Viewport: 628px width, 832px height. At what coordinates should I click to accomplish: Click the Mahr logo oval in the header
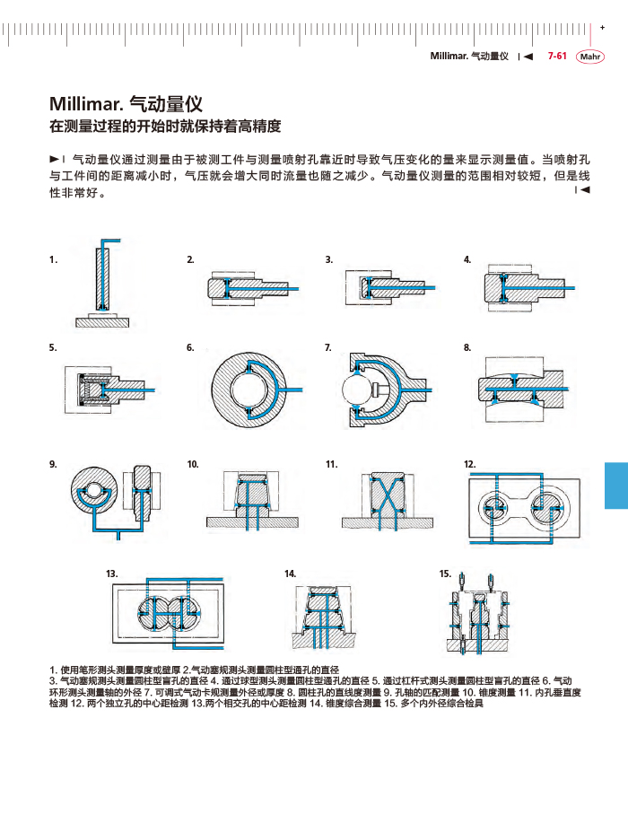(x=590, y=57)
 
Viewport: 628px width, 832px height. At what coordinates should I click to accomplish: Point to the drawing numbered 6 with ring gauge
(x=245, y=387)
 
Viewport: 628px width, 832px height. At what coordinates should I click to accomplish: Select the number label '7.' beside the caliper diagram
(x=328, y=346)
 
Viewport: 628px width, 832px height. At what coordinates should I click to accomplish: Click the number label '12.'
(x=469, y=464)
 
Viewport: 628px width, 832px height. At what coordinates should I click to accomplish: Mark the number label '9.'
(x=54, y=464)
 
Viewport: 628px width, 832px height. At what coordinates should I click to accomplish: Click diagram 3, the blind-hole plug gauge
(x=388, y=287)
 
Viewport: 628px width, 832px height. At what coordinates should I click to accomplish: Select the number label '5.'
(x=54, y=346)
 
